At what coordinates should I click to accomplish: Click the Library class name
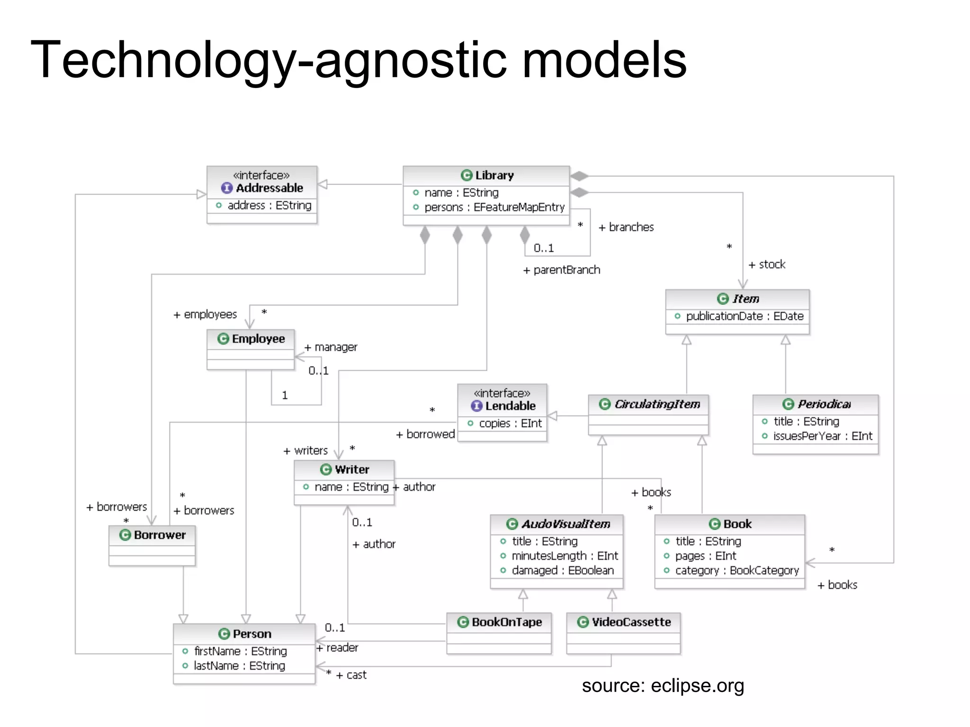pos(494,176)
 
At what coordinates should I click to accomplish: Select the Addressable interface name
pos(269,188)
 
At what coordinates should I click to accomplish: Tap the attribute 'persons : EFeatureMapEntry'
pos(494,207)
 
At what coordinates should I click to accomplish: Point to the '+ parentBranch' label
pos(562,270)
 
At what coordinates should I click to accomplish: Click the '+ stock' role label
pos(767,265)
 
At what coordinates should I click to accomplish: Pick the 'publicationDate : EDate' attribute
pos(744,316)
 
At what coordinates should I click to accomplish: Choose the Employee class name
pos(258,339)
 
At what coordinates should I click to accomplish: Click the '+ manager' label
pos(331,347)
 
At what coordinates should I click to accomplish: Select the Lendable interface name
pos(510,406)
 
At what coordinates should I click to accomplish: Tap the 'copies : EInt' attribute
pos(510,424)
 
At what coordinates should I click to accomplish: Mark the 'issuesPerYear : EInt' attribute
pos(822,436)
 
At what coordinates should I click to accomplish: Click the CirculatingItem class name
pos(657,404)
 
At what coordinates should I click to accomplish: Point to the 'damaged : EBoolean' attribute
pos(562,571)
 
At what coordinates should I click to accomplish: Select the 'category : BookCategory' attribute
pos(736,571)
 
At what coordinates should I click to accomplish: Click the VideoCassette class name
pos(631,622)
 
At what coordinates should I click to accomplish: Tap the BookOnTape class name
pos(506,622)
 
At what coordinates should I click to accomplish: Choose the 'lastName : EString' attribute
pos(239,666)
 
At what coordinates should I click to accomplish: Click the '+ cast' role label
pos(351,675)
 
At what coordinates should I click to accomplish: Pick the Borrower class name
pos(159,535)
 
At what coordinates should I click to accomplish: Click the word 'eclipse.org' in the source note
pos(697,686)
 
